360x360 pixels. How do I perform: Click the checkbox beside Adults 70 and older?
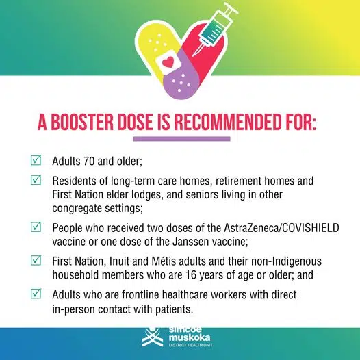pyautogui.click(x=36, y=162)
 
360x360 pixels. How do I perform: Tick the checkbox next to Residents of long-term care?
pyautogui.click(x=36, y=181)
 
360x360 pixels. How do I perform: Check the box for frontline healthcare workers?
pyautogui.click(x=36, y=294)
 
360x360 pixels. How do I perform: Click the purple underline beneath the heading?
pyautogui.click(x=179, y=140)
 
